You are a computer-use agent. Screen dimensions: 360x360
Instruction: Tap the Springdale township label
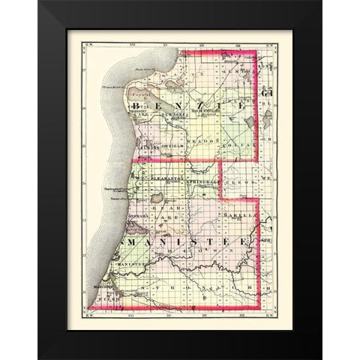[x=200, y=182]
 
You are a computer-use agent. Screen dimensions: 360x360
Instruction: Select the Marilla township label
[x=238, y=217]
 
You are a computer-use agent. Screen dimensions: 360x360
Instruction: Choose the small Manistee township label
[x=142, y=263]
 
